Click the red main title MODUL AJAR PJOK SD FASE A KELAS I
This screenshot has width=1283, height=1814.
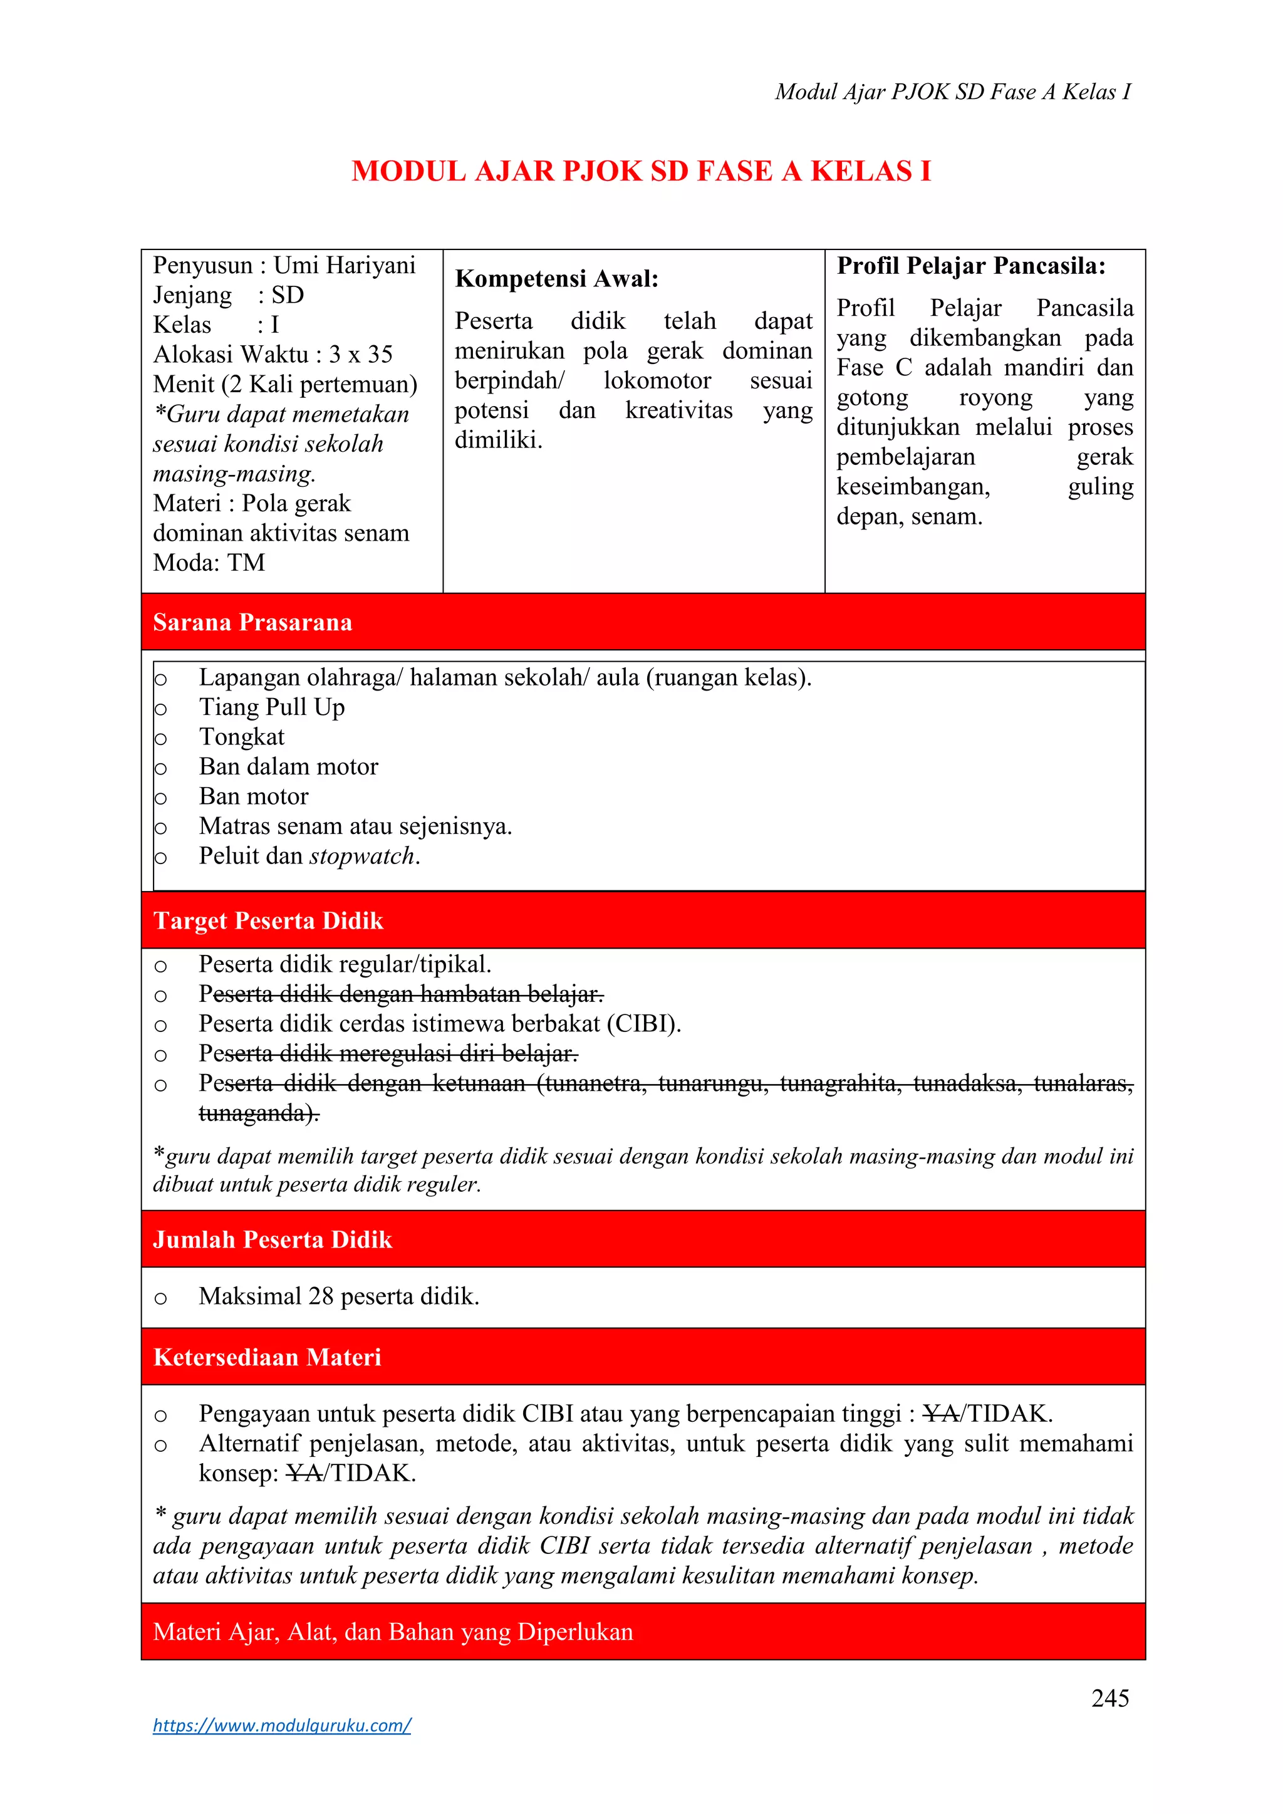click(x=641, y=172)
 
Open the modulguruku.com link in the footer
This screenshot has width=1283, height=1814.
click(x=282, y=1725)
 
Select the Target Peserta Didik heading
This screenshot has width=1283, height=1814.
click(x=268, y=920)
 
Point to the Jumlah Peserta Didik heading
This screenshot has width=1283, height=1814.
click(x=273, y=1239)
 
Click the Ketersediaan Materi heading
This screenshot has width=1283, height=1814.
click(x=267, y=1357)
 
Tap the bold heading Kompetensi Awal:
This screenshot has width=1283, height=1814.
click(x=556, y=279)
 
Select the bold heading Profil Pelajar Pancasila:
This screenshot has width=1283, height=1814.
click(x=971, y=266)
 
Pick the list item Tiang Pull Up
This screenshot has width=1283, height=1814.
click(x=272, y=707)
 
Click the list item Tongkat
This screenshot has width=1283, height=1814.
click(x=242, y=737)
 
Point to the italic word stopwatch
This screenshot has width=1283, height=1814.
click(x=362, y=856)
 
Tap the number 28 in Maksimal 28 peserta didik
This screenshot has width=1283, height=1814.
click(x=321, y=1296)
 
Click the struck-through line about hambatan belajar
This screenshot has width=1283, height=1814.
click(x=400, y=994)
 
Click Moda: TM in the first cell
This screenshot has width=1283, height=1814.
click(x=209, y=563)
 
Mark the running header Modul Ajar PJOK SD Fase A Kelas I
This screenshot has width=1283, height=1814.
click(x=952, y=91)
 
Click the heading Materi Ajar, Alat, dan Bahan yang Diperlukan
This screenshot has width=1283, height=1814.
click(x=393, y=1632)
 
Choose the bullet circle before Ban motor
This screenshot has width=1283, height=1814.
click(x=160, y=798)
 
